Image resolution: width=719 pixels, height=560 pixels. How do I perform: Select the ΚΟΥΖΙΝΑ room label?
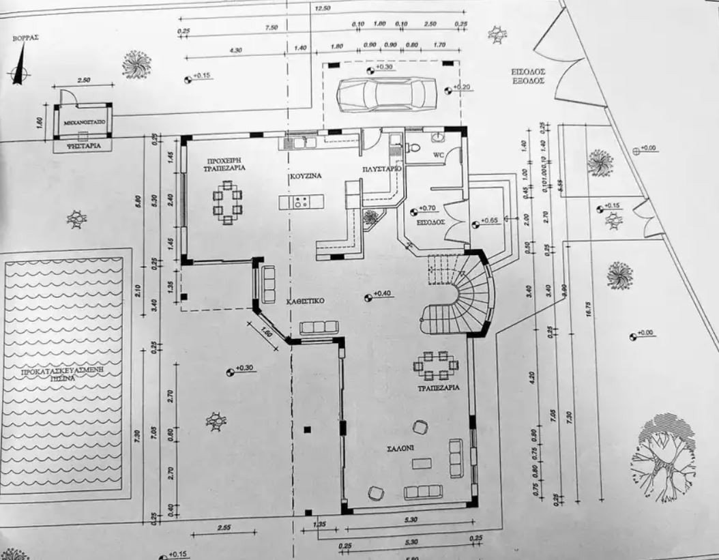point(305,175)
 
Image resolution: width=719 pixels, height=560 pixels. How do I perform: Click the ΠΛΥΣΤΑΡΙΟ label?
point(382,168)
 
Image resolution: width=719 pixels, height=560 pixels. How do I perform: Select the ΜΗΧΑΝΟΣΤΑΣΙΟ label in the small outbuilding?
point(83,125)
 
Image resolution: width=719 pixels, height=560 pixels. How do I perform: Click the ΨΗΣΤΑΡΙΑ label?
point(83,145)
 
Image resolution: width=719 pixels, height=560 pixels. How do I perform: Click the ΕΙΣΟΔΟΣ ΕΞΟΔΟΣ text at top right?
point(528,76)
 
